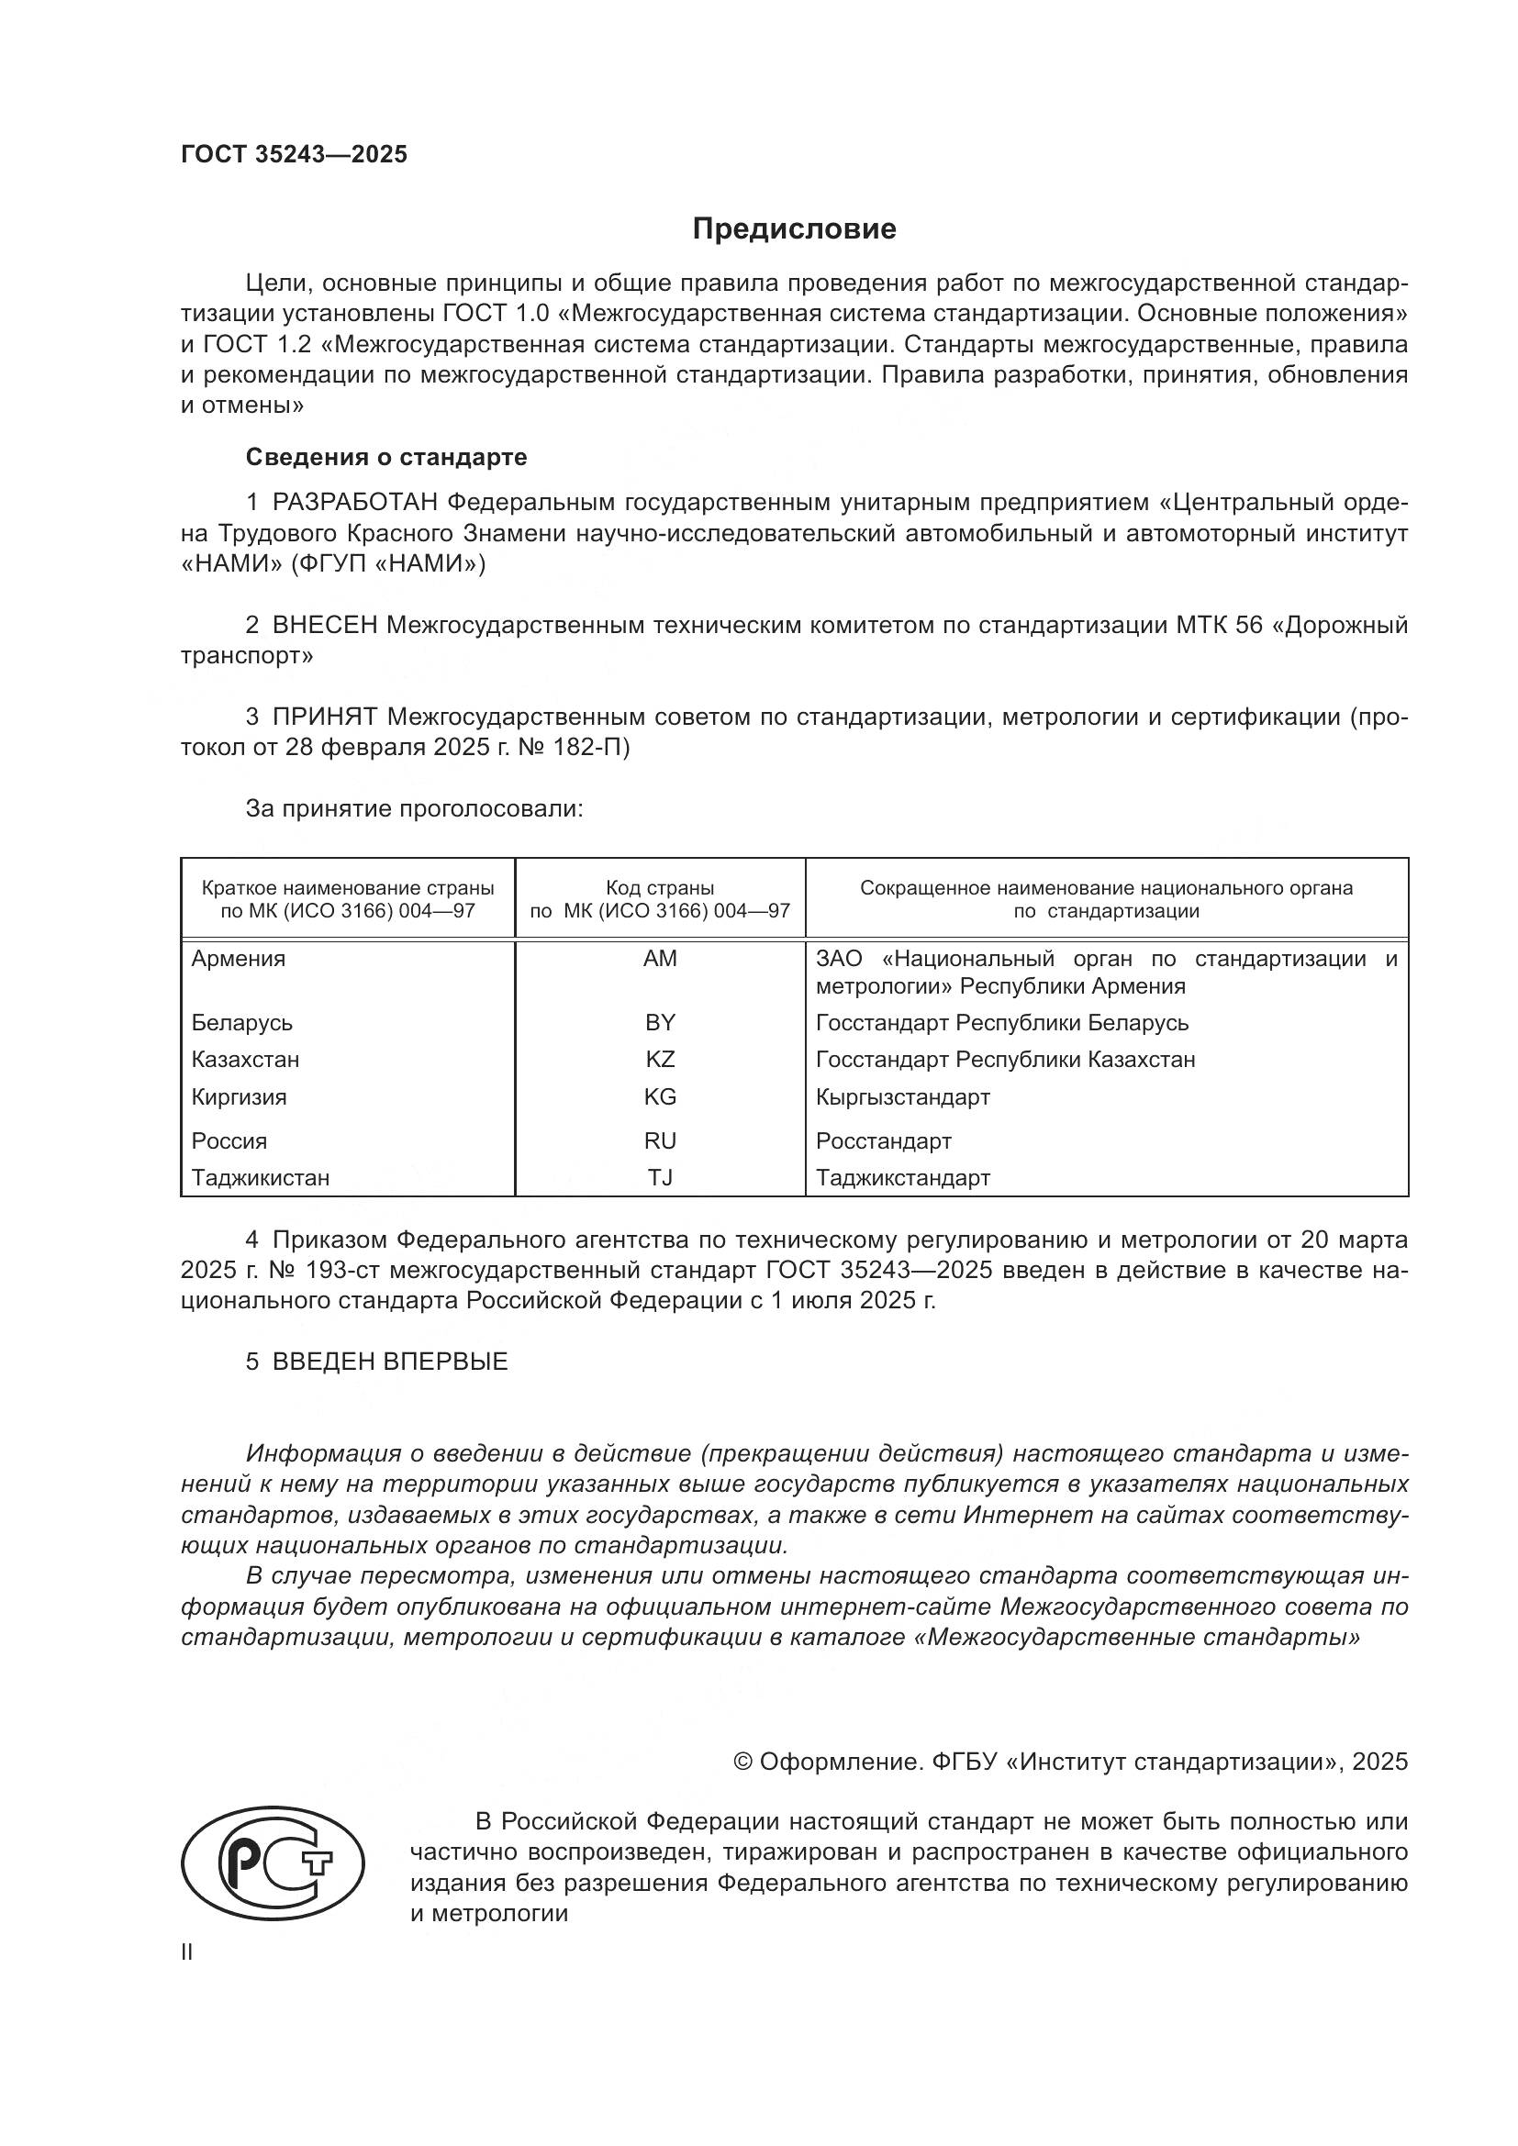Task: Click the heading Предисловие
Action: coord(794,229)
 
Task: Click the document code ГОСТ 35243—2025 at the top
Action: coord(295,155)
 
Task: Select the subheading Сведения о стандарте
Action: coord(386,457)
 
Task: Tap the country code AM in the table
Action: coord(660,959)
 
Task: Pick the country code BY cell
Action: coord(660,1022)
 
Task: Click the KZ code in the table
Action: coord(660,1060)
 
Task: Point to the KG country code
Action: coord(660,1097)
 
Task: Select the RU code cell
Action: coord(660,1141)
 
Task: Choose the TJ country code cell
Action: coord(660,1179)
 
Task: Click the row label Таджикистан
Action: coord(261,1179)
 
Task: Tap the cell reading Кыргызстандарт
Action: coord(902,1097)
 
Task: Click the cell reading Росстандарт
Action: coord(883,1141)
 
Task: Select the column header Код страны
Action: coord(660,889)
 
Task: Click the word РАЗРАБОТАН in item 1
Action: coord(355,503)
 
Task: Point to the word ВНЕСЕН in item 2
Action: coord(324,626)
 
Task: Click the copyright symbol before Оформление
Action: coord(743,1762)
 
